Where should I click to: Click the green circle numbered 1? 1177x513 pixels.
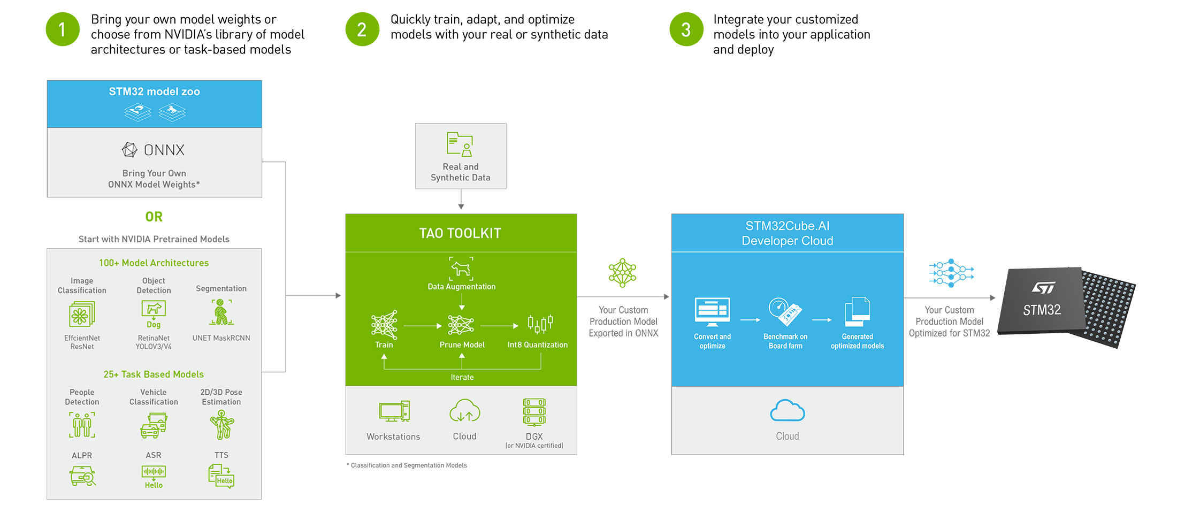(x=62, y=29)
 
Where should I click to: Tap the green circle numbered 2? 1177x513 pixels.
(x=362, y=29)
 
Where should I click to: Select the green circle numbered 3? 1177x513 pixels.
(x=685, y=29)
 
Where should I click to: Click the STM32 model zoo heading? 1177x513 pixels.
(x=154, y=91)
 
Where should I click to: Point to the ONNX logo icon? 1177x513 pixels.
(x=129, y=150)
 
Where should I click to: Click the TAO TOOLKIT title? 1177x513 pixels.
(x=460, y=233)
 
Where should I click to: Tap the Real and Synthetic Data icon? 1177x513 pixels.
(x=460, y=144)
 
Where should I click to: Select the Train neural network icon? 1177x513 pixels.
(x=384, y=324)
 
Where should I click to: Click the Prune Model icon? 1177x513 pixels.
(x=461, y=324)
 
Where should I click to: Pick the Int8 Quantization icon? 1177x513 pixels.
(x=540, y=324)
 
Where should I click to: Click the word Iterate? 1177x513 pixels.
(x=462, y=377)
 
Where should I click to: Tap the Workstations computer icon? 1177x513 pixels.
(x=394, y=412)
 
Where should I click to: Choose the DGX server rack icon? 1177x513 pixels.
(x=534, y=412)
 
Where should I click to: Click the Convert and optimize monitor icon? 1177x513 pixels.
(x=712, y=312)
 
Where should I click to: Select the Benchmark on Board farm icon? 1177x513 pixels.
(x=785, y=312)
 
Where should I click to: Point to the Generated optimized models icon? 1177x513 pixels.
(x=857, y=311)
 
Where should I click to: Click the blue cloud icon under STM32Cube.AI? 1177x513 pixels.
(x=787, y=411)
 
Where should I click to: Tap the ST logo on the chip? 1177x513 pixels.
(x=1043, y=288)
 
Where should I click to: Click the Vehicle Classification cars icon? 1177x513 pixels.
(x=154, y=425)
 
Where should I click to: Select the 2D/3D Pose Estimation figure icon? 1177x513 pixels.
(x=221, y=425)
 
